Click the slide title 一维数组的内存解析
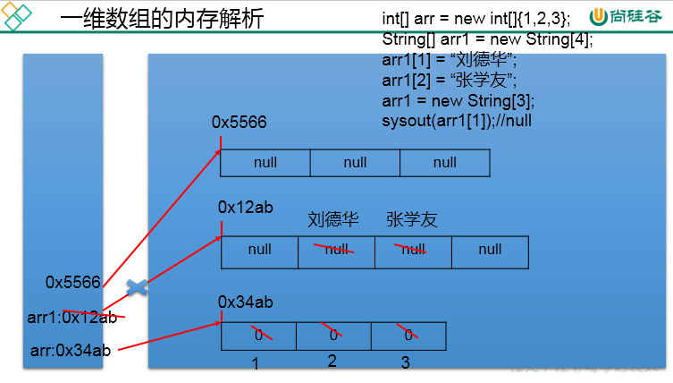(162, 20)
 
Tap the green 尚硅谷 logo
(625, 18)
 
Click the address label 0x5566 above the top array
(239, 122)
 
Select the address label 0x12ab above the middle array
(245, 207)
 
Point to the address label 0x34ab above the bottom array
(245, 302)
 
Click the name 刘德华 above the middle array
(333, 219)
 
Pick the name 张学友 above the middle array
(412, 219)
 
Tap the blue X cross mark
(137, 288)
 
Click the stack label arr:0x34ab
(70, 350)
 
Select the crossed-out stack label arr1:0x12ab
(72, 317)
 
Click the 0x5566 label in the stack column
(73, 282)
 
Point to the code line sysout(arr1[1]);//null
(457, 120)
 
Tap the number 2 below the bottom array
(332, 361)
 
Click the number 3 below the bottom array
(405, 362)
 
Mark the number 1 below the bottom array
(256, 363)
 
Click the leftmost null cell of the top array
(265, 163)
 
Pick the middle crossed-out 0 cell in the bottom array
(333, 335)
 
